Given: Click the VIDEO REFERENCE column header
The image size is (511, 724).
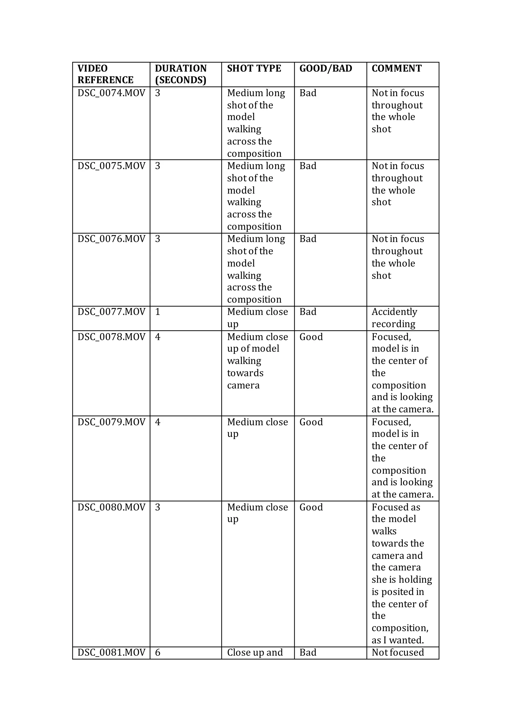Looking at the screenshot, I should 105,74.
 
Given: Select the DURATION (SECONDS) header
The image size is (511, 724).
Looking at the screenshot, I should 181,74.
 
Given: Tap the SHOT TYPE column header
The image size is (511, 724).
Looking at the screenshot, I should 254,68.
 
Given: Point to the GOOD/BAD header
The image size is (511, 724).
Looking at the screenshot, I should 326,68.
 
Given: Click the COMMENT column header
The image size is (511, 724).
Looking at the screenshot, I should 396,68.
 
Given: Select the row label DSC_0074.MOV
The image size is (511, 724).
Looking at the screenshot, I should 111,93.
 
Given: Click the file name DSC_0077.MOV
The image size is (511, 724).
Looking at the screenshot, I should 111,312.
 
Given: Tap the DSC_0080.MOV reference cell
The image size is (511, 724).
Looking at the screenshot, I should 111,507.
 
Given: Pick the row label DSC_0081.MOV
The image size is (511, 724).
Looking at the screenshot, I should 111,652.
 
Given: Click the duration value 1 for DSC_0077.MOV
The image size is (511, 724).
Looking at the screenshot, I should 158,312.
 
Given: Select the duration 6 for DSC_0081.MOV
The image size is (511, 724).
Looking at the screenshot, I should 158,652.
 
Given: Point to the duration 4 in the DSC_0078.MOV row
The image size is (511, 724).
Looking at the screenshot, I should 158,337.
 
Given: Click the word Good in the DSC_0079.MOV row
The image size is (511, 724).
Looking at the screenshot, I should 311,422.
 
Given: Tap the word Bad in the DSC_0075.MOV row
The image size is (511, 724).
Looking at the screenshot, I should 308,166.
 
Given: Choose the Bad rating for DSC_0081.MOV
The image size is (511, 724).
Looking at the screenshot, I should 308,652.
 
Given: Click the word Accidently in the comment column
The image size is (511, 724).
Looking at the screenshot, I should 394,312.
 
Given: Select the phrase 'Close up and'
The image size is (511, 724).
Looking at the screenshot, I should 255,652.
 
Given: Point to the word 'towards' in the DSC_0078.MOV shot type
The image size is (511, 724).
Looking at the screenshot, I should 245,373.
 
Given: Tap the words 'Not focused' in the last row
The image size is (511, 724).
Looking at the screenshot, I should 398,652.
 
